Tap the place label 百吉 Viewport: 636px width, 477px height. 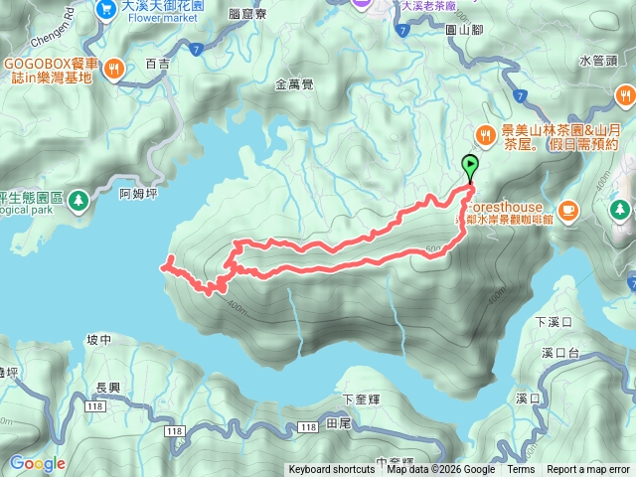[x=158, y=64]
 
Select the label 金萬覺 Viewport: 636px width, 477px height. [x=294, y=85]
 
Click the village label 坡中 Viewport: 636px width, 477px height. [x=99, y=340]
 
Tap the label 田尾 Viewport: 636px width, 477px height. [x=339, y=424]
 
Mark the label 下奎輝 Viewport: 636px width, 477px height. [x=362, y=398]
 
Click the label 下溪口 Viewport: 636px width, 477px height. [x=555, y=322]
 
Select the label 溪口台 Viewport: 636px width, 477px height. [x=561, y=353]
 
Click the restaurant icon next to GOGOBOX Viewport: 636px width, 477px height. [x=115, y=69]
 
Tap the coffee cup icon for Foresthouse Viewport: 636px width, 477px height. [x=568, y=209]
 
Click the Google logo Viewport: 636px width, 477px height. [x=38, y=463]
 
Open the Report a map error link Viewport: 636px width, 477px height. [x=589, y=470]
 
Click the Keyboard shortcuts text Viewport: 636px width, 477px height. [x=333, y=470]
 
